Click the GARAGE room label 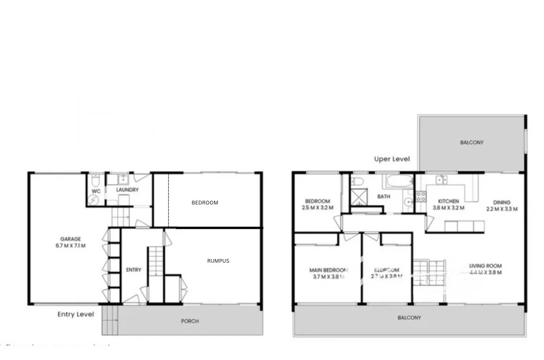click(x=70, y=239)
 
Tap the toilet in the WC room click(x=95, y=180)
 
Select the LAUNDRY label click(x=127, y=190)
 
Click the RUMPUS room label click(x=218, y=261)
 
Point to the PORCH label click(x=190, y=321)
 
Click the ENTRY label click(x=134, y=270)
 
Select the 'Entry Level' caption click(x=75, y=314)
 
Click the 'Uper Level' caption click(x=392, y=159)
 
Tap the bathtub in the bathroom click(x=398, y=181)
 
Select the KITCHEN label click(x=448, y=201)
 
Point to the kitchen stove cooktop click(x=420, y=196)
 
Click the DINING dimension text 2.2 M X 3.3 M click(x=502, y=209)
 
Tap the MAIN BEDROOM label click(x=328, y=270)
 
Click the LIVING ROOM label click(x=485, y=266)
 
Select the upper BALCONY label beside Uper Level click(x=471, y=143)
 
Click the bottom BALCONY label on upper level click(x=409, y=318)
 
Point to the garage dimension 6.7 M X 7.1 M click(x=70, y=245)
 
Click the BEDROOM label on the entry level click(x=205, y=203)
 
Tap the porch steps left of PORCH click(x=110, y=320)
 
